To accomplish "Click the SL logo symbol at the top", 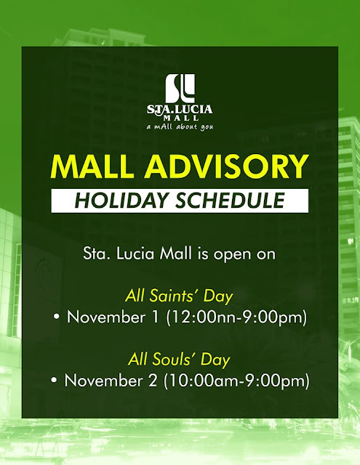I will tap(180, 88).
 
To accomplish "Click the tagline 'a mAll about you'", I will tap(180, 126).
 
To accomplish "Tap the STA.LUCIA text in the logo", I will tap(180, 109).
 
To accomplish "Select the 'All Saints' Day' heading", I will tap(180, 296).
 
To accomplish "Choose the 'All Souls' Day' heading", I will tap(180, 359).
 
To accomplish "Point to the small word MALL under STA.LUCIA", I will tap(180, 117).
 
